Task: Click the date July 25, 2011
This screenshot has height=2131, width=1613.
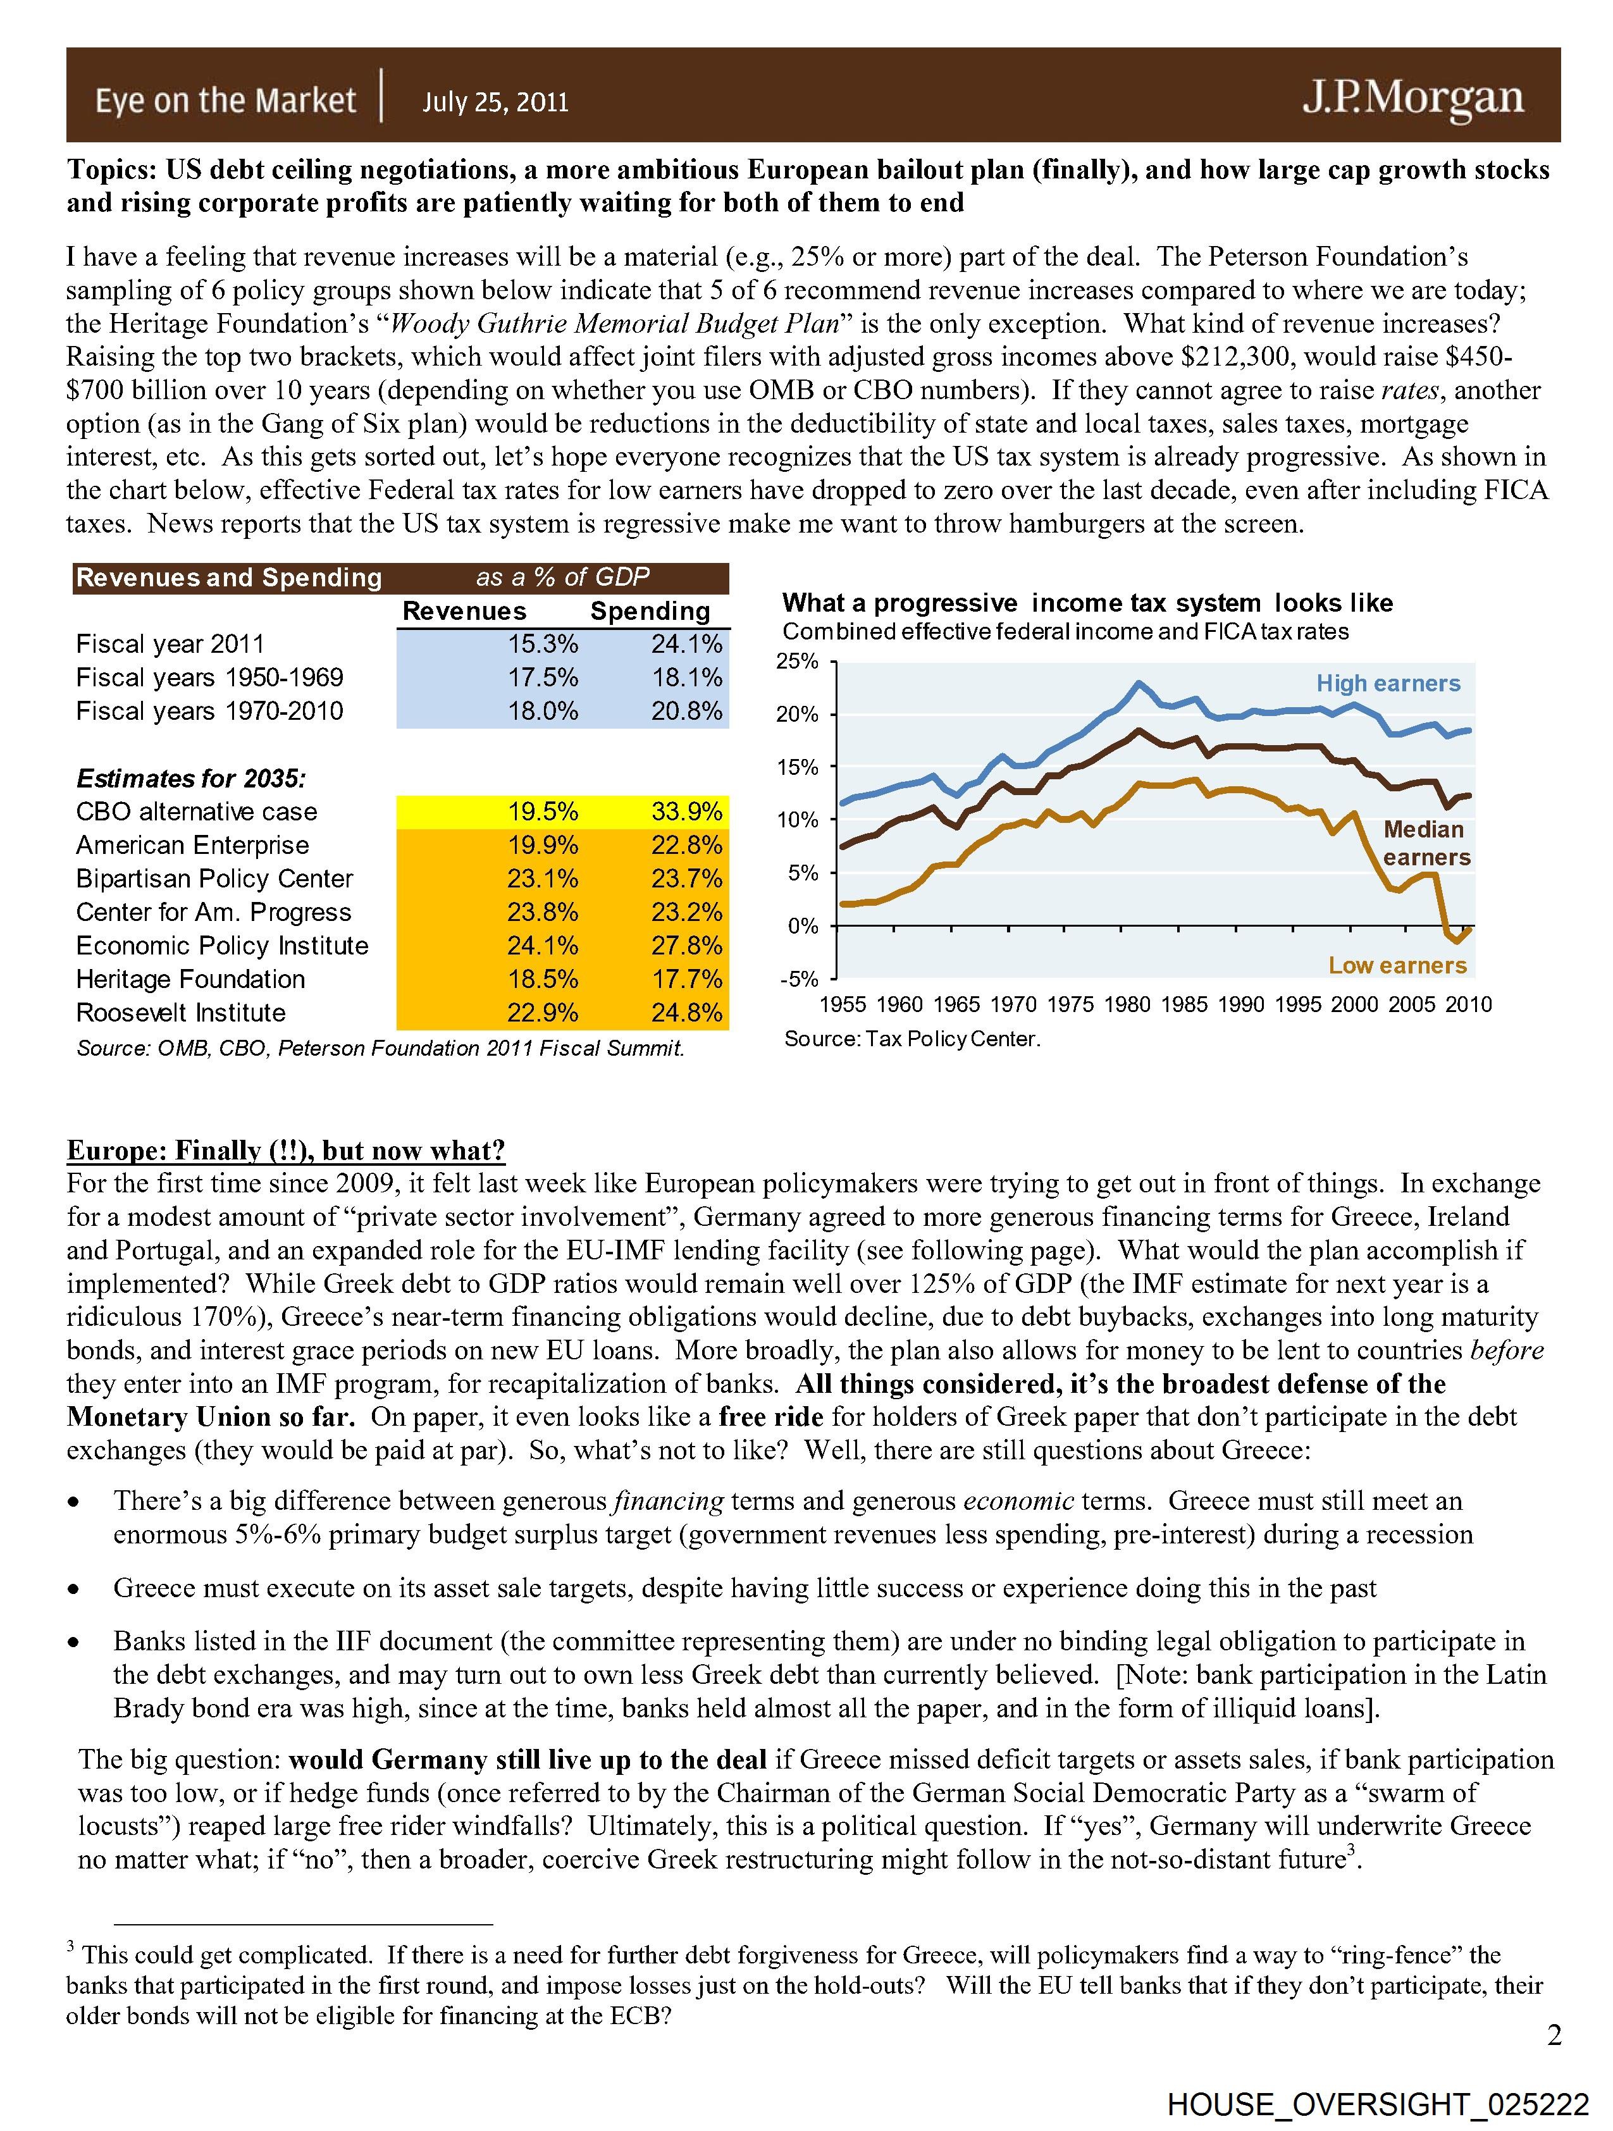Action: [495, 102]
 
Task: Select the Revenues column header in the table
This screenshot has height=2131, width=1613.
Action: [464, 611]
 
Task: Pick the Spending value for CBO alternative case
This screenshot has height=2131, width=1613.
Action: [686, 812]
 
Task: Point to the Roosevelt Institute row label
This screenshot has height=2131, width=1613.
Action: [181, 1013]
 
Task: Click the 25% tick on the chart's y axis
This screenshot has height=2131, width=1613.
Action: [798, 662]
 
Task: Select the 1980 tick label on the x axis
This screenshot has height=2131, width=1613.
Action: [1127, 1005]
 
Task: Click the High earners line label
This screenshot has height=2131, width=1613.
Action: [1388, 683]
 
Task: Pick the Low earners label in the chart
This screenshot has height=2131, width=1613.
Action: [1397, 965]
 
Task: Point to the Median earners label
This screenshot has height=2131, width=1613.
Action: [1426, 843]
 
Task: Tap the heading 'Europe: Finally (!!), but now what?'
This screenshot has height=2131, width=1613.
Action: [285, 1151]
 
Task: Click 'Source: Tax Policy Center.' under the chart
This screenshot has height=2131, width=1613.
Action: [912, 1039]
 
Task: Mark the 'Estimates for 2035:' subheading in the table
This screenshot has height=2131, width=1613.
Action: [191, 779]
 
